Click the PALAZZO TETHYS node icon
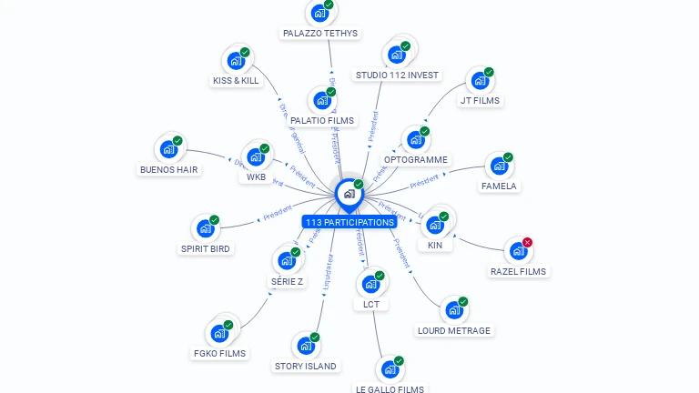click(x=319, y=13)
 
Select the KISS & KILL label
click(x=236, y=80)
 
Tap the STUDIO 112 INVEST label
click(x=397, y=75)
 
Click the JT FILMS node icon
click(x=480, y=81)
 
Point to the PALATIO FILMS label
click(x=322, y=120)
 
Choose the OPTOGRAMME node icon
click(x=416, y=140)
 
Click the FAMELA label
click(x=498, y=186)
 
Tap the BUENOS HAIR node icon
click(x=168, y=149)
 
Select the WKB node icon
click(x=256, y=156)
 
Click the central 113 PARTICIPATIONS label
click(x=349, y=222)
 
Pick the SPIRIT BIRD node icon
click(x=206, y=228)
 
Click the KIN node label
click(x=434, y=245)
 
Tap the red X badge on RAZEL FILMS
click(x=527, y=243)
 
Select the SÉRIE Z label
click(x=287, y=281)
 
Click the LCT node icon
click(x=370, y=284)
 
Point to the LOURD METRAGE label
click(x=453, y=330)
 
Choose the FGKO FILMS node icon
click(x=219, y=333)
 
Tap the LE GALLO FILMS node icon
click(x=390, y=369)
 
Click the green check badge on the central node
click(x=359, y=185)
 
